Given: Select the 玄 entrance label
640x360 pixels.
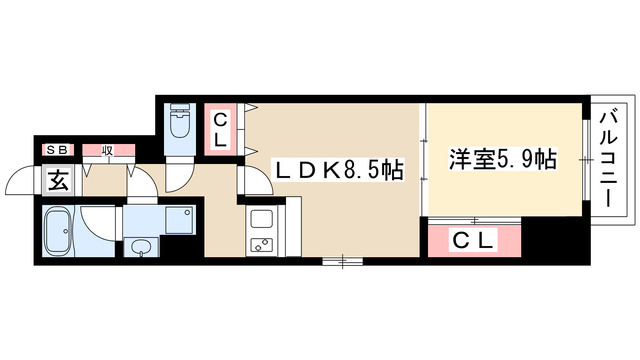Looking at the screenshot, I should pyautogui.click(x=58, y=182).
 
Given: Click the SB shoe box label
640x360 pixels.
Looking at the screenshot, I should pyautogui.click(x=55, y=151).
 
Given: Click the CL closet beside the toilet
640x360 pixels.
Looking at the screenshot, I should pyautogui.click(x=222, y=130).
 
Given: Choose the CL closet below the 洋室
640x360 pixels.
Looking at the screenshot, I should pyautogui.click(x=474, y=241).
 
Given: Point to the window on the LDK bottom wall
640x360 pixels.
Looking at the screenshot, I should pyautogui.click(x=343, y=261).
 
